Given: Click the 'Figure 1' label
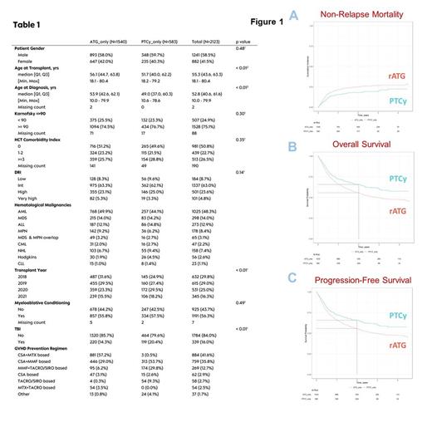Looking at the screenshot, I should tap(263, 21).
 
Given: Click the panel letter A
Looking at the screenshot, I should tap(293, 14).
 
